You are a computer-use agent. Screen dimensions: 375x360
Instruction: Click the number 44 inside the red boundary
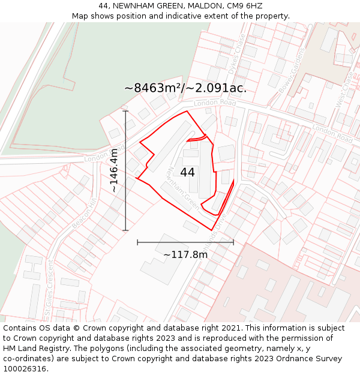(x=187, y=172)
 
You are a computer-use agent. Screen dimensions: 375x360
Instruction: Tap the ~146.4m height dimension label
(x=114, y=170)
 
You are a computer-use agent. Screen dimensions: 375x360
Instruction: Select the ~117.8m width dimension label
(x=185, y=254)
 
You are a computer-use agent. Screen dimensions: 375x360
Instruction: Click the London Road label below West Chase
(x=331, y=134)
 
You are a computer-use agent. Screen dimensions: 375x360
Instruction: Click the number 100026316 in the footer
(x=26, y=368)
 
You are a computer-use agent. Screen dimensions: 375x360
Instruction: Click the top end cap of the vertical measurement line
(x=125, y=111)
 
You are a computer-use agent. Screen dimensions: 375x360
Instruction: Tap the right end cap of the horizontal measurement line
(x=233, y=242)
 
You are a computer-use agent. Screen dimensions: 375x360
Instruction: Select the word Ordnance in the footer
(x=295, y=358)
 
